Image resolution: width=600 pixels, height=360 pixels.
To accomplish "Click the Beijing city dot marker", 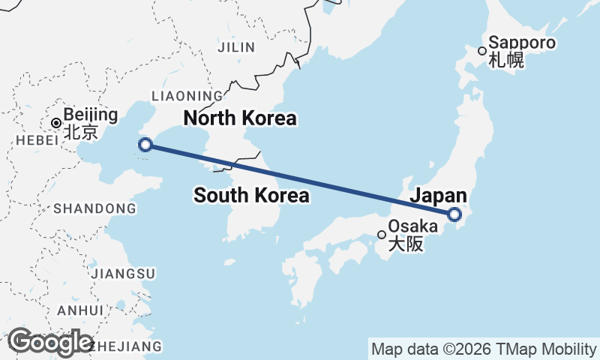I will tap(55, 122).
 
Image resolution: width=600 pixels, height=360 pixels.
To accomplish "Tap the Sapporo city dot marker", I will tap(482, 51).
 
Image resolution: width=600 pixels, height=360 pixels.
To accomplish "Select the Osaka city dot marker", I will tap(382, 235).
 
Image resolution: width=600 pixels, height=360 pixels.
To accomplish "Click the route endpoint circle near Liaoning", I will tap(146, 145).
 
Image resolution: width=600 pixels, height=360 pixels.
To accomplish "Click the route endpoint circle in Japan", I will tap(454, 214).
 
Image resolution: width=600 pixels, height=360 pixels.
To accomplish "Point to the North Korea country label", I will tap(239, 118).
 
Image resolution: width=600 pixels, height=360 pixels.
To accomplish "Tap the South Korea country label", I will tap(251, 196).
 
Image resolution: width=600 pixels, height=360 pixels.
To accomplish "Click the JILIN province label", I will tap(236, 47).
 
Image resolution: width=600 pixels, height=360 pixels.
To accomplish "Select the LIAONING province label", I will tap(187, 96).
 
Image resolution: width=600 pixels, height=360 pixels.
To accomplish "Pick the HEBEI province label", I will tap(30, 140).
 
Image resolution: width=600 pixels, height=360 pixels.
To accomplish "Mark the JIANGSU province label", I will tap(124, 273).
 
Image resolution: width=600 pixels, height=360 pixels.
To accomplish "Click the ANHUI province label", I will tap(79, 310).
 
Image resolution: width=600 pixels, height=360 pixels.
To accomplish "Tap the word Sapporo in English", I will tap(522, 43).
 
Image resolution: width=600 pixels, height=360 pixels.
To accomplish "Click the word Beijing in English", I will tap(91, 115).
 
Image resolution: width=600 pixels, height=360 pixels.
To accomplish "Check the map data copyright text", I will tap(483, 349).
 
